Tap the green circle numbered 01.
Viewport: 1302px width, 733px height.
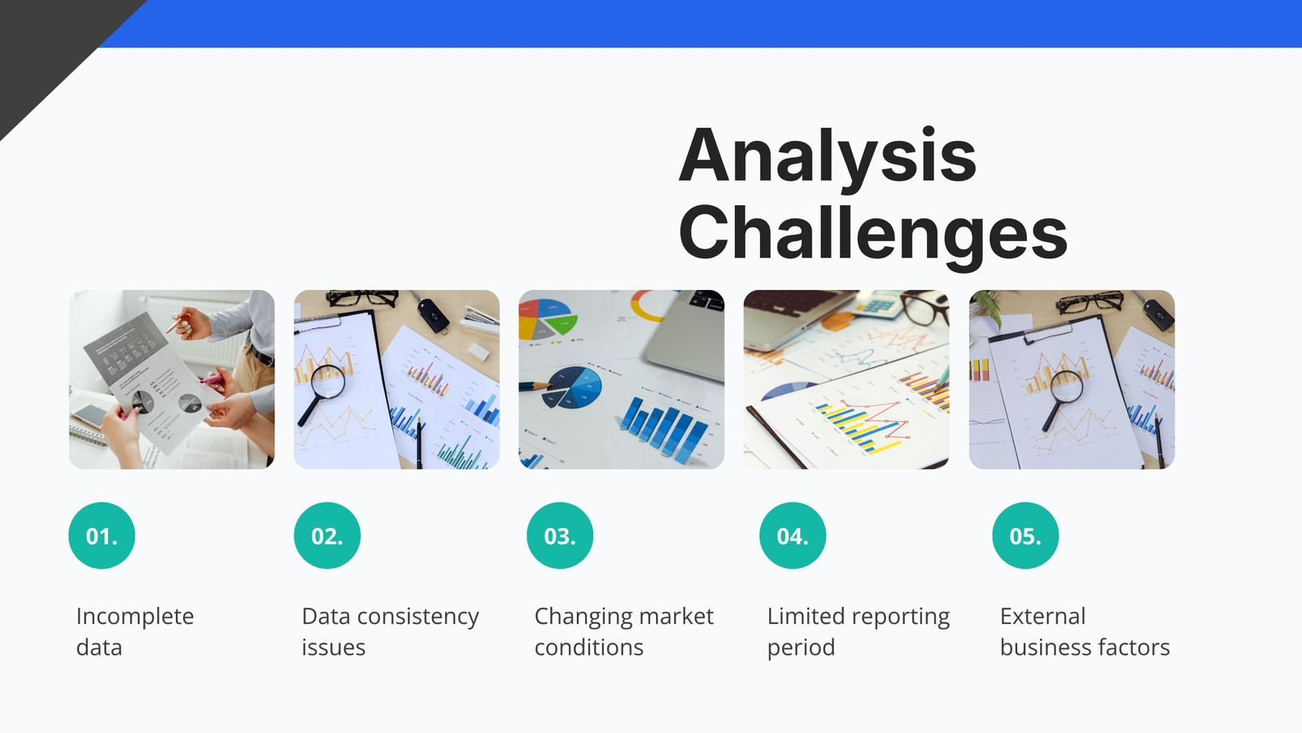[x=102, y=535]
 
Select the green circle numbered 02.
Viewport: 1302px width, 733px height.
[x=327, y=535]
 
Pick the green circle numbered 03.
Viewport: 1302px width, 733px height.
[x=560, y=535]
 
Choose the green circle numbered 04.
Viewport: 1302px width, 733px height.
[x=793, y=535]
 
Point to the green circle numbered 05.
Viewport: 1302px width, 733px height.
[x=1025, y=535]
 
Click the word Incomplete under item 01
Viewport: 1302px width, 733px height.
[x=135, y=617]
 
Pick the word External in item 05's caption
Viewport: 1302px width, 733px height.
[x=1042, y=617]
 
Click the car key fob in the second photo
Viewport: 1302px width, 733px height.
[x=432, y=315]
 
